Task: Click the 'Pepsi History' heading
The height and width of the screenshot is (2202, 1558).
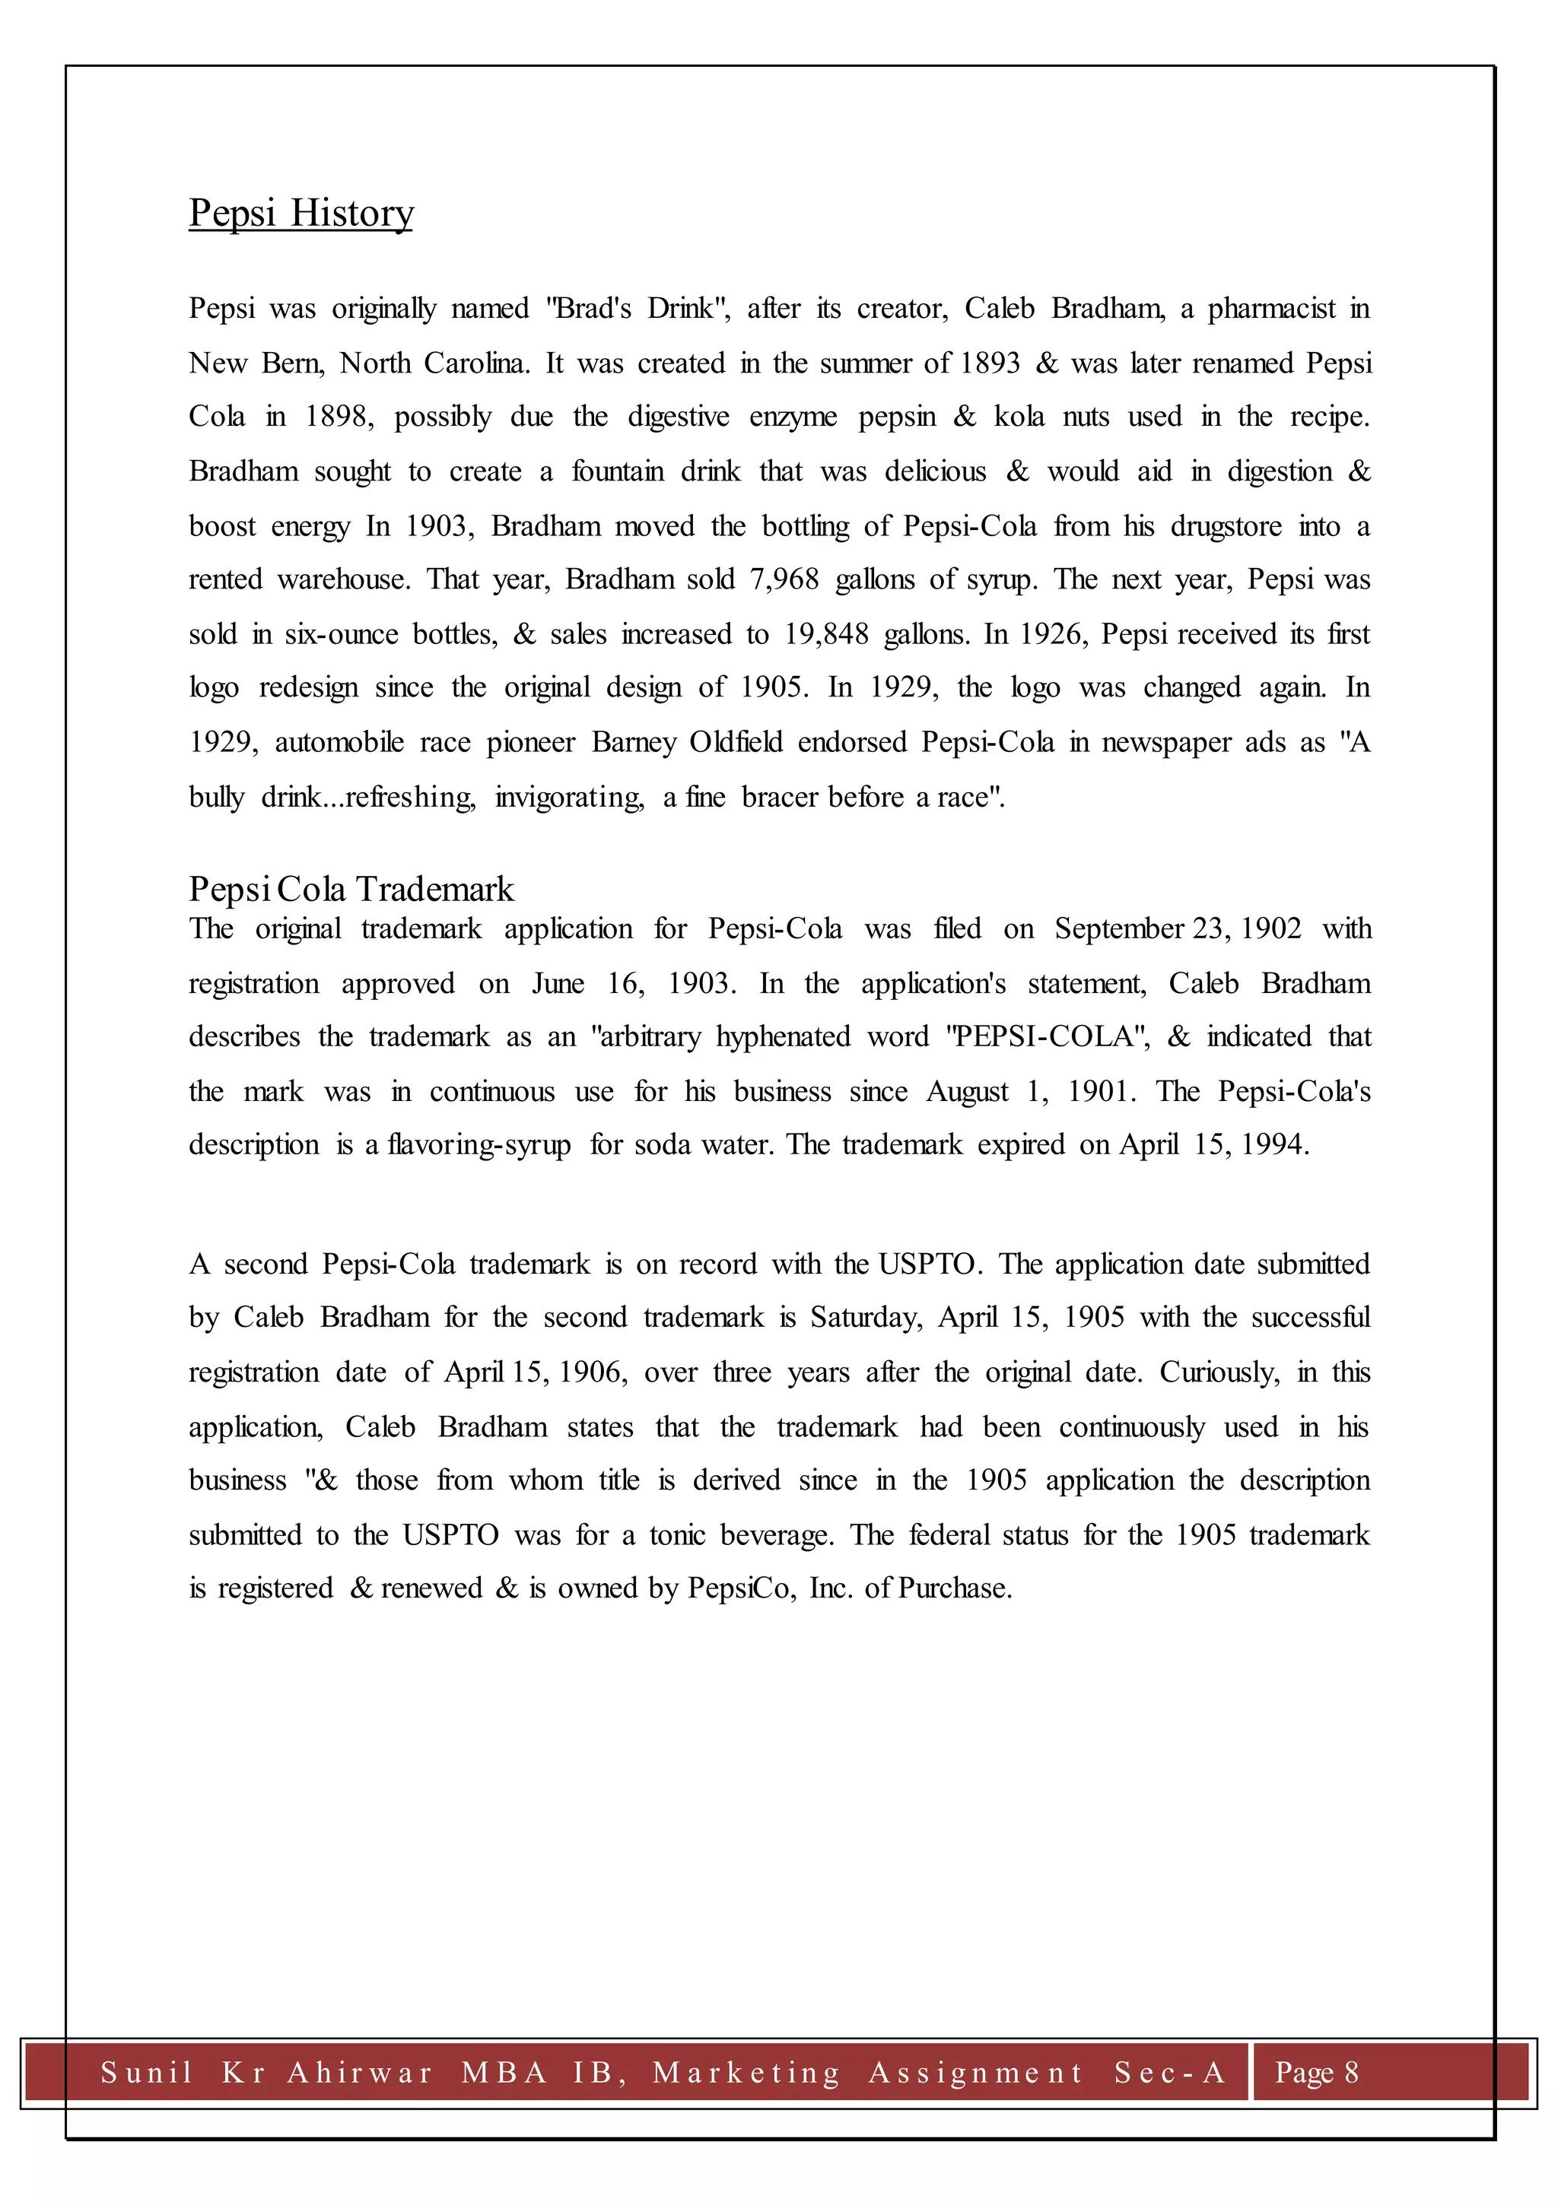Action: (300, 213)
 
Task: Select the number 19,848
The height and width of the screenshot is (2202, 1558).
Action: (826, 634)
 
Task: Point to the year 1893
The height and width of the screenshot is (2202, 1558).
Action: (989, 363)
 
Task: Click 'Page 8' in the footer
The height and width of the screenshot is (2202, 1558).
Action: (1316, 2073)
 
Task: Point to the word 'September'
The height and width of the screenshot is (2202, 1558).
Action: (1118, 929)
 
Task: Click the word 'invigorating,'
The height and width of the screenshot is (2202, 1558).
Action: (570, 797)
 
